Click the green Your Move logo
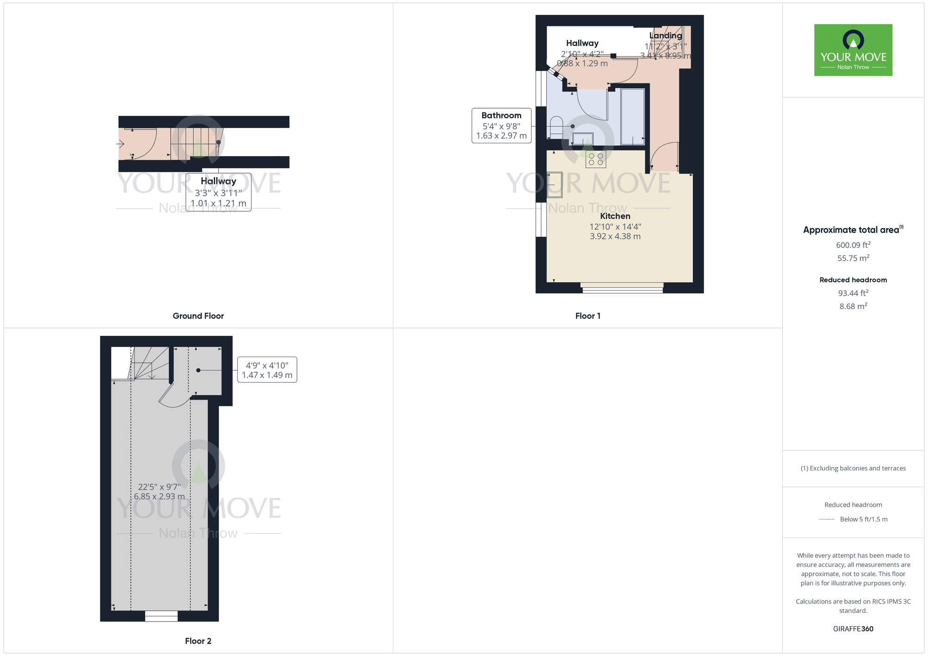click(853, 50)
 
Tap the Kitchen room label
click(615, 216)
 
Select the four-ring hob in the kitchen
click(596, 159)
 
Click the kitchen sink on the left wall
click(554, 185)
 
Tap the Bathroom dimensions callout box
click(501, 126)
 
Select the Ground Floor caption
click(198, 316)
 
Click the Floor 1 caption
click(587, 316)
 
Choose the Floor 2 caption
click(198, 641)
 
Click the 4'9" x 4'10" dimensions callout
click(267, 370)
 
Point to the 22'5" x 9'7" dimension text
click(159, 491)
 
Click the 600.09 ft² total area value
click(853, 245)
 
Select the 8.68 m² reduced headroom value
click(853, 306)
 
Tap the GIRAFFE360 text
click(853, 629)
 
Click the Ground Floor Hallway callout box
click(218, 192)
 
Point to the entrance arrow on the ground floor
click(120, 144)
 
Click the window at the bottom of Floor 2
click(161, 616)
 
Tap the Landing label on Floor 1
click(665, 36)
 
